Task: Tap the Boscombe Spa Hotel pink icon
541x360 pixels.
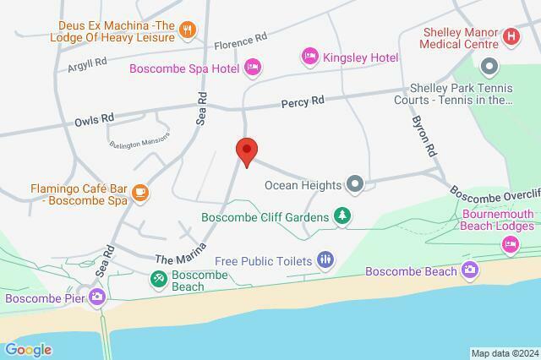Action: coord(252,67)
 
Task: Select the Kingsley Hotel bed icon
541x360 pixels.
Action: coord(310,57)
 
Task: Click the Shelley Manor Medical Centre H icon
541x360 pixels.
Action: coord(511,36)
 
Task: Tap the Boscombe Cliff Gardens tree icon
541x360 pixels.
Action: coord(342,217)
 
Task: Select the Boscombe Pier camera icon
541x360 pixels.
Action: coord(98,297)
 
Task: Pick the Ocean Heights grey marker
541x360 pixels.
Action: coord(356,183)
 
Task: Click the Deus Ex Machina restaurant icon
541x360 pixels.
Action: coord(189,30)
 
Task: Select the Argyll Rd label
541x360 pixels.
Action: coord(89,62)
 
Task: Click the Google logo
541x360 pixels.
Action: coord(28,350)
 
